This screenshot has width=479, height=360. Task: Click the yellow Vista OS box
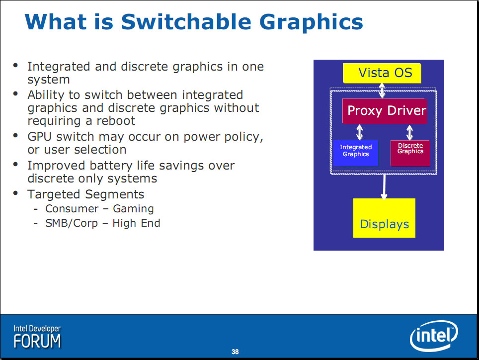pyautogui.click(x=382, y=73)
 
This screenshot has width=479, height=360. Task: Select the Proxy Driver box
pyautogui.click(x=384, y=111)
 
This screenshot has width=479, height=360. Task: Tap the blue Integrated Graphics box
pyautogui.click(x=356, y=153)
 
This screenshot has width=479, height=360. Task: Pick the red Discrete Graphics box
pyautogui.click(x=410, y=153)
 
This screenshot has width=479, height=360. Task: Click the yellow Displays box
pyautogui.click(x=384, y=218)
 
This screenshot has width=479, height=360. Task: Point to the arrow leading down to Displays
pyautogui.click(x=384, y=186)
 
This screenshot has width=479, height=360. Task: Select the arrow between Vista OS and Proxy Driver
pyautogui.click(x=382, y=90)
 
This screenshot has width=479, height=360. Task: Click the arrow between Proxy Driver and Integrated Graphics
pyautogui.click(x=360, y=132)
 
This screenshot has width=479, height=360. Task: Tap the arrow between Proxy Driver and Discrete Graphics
pyautogui.click(x=410, y=132)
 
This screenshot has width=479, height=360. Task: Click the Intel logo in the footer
pyautogui.click(x=434, y=336)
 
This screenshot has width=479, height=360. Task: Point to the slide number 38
pyautogui.click(x=235, y=352)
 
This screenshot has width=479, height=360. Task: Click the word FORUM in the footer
pyautogui.click(x=37, y=341)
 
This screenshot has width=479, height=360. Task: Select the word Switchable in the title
pyautogui.click(x=186, y=22)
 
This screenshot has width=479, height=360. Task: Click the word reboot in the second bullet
pyautogui.click(x=116, y=121)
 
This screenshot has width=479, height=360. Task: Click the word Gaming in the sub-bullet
pyautogui.click(x=133, y=209)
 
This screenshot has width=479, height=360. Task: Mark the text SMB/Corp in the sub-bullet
pyautogui.click(x=72, y=223)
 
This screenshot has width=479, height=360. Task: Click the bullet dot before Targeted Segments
pyautogui.click(x=15, y=193)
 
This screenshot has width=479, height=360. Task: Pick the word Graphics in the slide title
pyautogui.click(x=311, y=23)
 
